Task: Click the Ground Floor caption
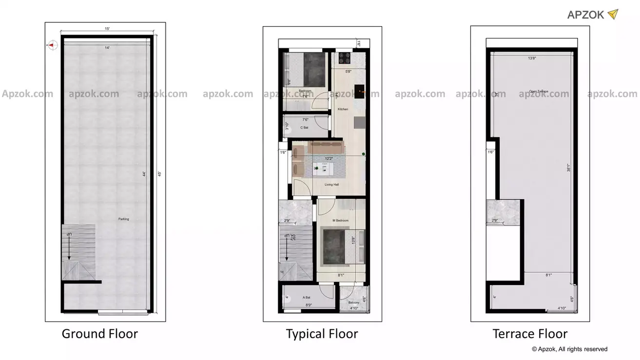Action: [99, 334]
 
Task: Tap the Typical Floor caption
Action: [322, 334]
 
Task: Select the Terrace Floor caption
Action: [530, 334]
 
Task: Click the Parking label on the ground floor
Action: [124, 219]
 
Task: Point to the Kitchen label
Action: [343, 109]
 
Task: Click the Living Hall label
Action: [332, 185]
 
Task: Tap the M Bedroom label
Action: [341, 221]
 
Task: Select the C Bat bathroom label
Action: [305, 128]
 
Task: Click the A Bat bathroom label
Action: [307, 297]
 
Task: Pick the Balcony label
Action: [354, 303]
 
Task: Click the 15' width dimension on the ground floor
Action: [107, 29]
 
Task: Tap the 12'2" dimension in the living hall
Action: [330, 158]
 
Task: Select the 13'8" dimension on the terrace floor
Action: [533, 58]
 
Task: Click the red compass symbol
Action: [52, 45]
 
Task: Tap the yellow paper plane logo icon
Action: [613, 14]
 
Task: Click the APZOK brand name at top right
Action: [586, 15]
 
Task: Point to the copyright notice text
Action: [569, 349]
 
